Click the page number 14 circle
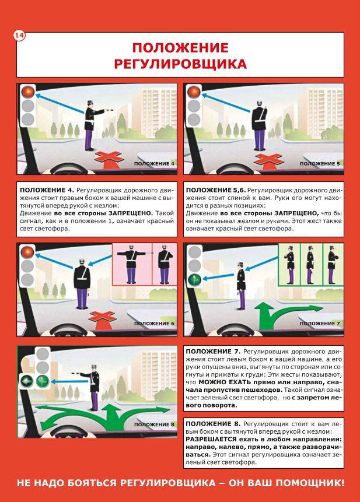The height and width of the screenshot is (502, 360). [19, 36]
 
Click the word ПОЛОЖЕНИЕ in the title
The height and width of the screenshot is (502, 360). [180, 48]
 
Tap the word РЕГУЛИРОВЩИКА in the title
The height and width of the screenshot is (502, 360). [180, 64]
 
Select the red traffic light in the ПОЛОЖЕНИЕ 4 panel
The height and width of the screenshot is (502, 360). [28, 92]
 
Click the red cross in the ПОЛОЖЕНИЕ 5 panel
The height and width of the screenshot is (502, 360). [268, 159]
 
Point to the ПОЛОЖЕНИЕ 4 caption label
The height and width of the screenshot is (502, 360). [154, 164]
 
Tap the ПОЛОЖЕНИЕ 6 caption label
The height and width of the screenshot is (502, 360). [154, 324]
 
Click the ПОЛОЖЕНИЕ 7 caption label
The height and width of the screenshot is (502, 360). [320, 324]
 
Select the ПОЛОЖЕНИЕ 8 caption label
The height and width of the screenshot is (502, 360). [154, 424]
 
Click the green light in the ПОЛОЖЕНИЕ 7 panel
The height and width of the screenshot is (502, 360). [195, 279]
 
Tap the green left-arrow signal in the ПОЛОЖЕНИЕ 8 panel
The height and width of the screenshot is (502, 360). [26, 381]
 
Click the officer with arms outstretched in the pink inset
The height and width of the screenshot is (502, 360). [131, 265]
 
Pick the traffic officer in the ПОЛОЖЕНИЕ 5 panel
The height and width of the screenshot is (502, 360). [259, 125]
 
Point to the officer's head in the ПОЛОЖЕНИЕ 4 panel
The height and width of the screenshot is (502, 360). [90, 103]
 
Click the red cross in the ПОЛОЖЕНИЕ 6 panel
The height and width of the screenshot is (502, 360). [103, 317]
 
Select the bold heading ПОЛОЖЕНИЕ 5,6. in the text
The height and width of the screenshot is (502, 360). [216, 190]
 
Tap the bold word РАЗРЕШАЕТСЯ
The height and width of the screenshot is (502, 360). [211, 439]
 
